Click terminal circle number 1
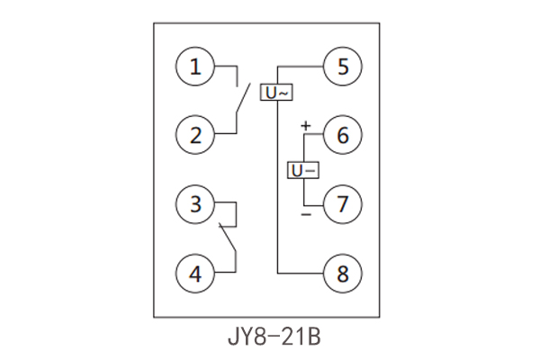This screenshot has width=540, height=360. [x=195, y=67]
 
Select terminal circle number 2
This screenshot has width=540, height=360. [x=195, y=135]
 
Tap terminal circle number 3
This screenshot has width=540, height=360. [x=195, y=203]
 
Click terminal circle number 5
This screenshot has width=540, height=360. [x=343, y=67]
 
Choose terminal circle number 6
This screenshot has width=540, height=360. [x=343, y=135]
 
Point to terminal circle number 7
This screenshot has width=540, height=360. [x=343, y=203]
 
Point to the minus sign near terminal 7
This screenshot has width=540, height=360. [x=305, y=215]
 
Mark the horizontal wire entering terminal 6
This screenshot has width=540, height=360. [x=314, y=135]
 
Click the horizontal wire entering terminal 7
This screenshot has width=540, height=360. [x=314, y=203]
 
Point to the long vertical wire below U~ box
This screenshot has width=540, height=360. [x=277, y=189]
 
